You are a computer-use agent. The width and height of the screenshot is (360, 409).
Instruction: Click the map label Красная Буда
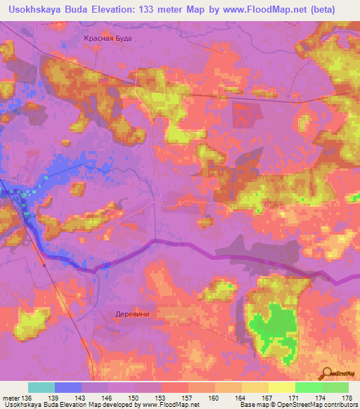coord(108,40)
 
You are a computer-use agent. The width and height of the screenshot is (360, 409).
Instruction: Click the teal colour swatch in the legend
coord(41,387)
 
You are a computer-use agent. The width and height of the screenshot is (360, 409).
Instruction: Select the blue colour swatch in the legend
coord(68,387)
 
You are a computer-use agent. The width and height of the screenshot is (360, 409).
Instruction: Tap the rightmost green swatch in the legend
coord(335,387)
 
